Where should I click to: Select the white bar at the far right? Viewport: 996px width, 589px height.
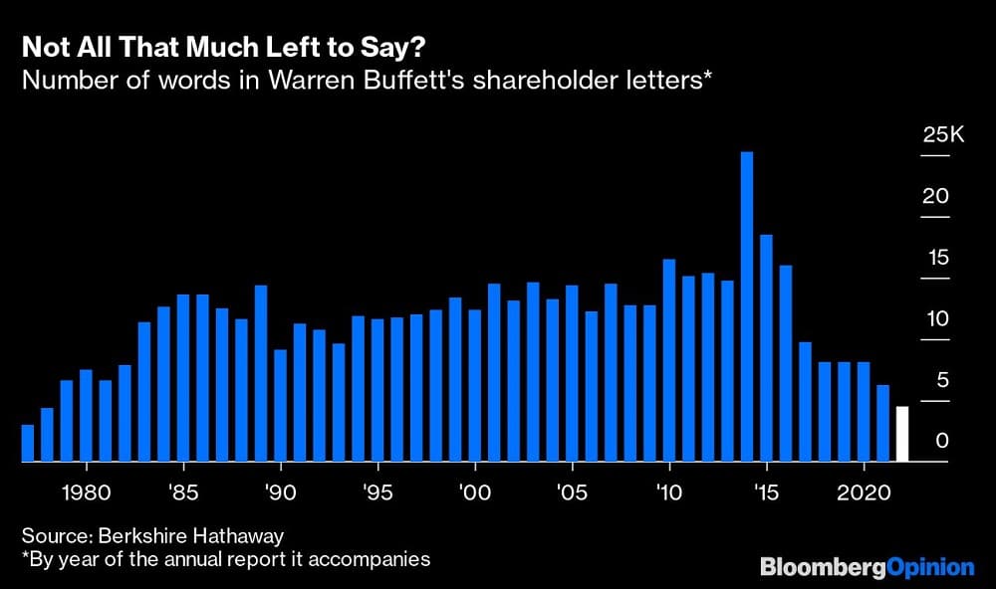pos(902,434)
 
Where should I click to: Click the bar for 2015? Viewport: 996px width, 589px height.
pos(766,348)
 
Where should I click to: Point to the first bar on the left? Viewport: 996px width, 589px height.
pos(28,443)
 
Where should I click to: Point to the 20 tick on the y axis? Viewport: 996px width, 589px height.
pos(935,197)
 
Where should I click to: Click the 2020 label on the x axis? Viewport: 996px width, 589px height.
pos(863,492)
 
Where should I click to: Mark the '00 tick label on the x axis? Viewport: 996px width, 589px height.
pos(475,492)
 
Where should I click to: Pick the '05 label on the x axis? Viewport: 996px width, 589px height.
pos(572,492)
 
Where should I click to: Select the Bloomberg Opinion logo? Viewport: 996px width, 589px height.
pos(867,567)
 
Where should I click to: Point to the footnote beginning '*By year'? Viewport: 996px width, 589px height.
pos(225,559)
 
